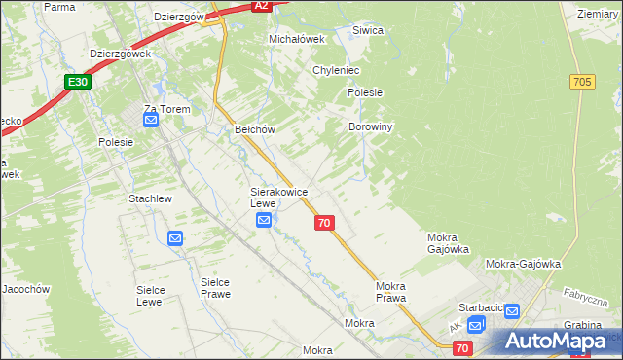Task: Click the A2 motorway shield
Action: click(x=260, y=6)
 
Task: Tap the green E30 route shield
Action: click(x=80, y=83)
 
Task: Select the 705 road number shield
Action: click(x=583, y=83)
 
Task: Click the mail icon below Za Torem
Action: click(x=151, y=121)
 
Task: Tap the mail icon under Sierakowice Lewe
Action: click(x=264, y=222)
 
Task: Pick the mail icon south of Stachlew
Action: click(x=174, y=238)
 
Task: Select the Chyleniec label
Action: click(x=337, y=71)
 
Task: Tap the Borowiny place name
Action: click(x=370, y=126)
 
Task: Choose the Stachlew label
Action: click(x=150, y=198)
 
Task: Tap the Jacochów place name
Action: click(x=25, y=289)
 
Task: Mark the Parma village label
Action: click(x=59, y=7)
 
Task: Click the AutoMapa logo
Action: click(x=555, y=342)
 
